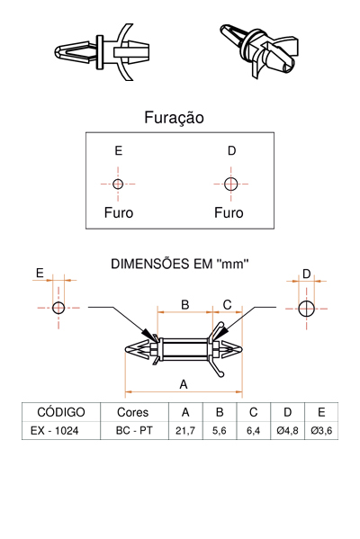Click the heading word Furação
tap(174, 118)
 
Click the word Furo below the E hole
tap(119, 212)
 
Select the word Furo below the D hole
tap(229, 212)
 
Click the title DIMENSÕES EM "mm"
tap(179, 264)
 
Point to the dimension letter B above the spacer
tap(185, 304)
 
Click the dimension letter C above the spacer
tap(228, 304)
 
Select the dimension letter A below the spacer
tap(184, 384)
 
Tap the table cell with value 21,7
tap(185, 430)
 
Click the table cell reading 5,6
tap(220, 430)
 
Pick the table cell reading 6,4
tap(254, 430)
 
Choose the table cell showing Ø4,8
tap(287, 430)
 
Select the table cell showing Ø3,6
tap(321, 430)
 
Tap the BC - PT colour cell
tap(134, 430)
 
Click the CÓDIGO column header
tap(61, 412)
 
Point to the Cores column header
tap(132, 412)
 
